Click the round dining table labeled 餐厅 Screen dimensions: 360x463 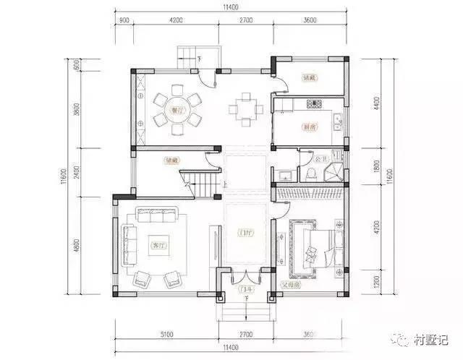(x=174, y=110)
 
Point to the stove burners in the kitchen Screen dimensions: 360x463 (x=314, y=106)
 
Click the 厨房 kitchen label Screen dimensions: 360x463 (x=310, y=127)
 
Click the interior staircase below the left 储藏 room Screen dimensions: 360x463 (x=200, y=181)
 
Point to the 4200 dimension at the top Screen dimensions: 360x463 (x=175, y=21)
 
